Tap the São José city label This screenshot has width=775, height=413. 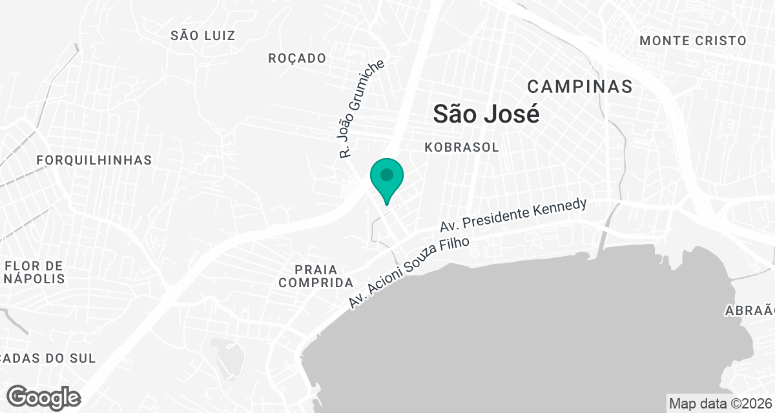point(486,114)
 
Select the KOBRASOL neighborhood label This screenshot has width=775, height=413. point(462,147)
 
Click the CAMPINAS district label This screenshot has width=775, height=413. point(579,86)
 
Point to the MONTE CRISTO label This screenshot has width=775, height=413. point(692,41)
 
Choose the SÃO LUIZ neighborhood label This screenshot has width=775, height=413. point(203,35)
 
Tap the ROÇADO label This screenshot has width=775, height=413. point(297,58)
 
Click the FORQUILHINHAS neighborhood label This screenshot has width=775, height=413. point(94,160)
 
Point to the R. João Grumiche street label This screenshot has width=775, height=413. point(362,110)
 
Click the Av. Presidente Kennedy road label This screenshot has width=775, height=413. point(513,216)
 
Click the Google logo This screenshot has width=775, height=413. point(43,397)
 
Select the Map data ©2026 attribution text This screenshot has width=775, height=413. point(720,403)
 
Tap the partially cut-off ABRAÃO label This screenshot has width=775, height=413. point(749,310)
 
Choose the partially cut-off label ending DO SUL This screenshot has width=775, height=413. point(48,358)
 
